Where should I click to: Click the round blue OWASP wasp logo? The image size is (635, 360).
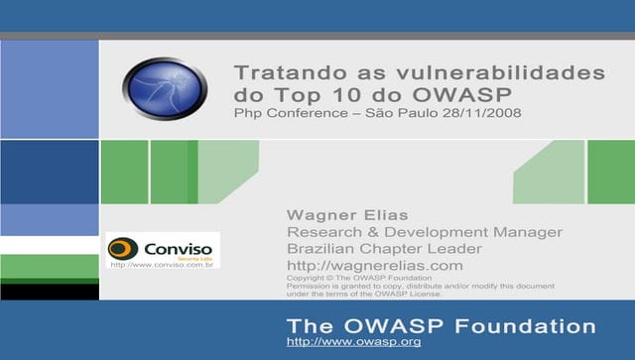click(165, 89)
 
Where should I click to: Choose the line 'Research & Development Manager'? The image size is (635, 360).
click(424, 232)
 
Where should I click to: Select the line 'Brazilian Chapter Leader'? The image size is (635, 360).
click(384, 249)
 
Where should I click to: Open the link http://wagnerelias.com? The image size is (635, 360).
click(374, 266)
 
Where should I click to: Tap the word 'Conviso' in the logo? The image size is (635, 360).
click(178, 246)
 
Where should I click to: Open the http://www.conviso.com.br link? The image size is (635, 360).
click(164, 264)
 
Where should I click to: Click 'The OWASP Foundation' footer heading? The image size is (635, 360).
click(441, 325)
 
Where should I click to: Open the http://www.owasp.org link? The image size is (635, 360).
click(353, 342)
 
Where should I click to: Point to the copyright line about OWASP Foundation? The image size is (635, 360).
click(352, 278)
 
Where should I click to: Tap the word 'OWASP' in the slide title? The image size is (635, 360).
click(467, 95)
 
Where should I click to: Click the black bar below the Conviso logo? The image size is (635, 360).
click(50, 293)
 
